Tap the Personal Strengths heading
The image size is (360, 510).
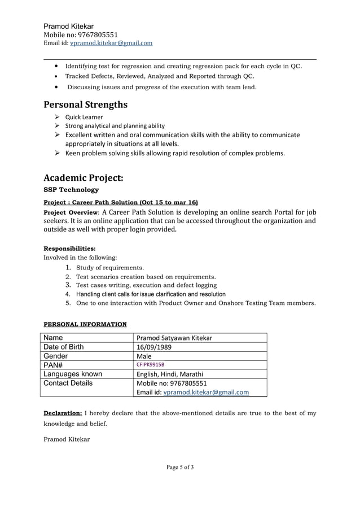86,104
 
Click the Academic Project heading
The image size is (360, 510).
83,177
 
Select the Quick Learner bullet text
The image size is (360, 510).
84,117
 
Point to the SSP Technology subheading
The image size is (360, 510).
71,190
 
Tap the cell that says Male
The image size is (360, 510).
144,356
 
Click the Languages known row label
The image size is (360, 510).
73,374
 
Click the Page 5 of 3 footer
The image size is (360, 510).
180,467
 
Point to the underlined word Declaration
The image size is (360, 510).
63,413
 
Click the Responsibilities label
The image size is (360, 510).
69,248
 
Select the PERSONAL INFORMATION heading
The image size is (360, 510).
85,324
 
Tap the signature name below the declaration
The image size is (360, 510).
67,439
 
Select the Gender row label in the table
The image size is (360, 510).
56,356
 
